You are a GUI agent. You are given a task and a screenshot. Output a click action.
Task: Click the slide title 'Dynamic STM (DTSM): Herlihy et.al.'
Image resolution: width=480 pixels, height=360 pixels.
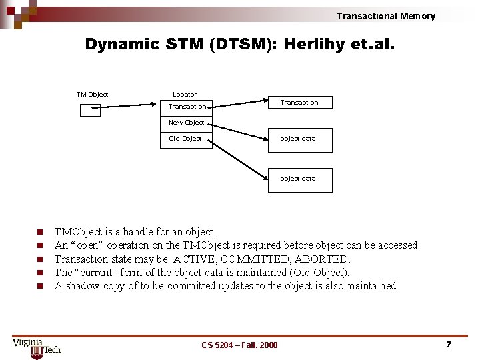click(x=239, y=45)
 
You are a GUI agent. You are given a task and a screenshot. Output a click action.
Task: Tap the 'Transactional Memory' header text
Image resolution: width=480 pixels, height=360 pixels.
click(x=385, y=16)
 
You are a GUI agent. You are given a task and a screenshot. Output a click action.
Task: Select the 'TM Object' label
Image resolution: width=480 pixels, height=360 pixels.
click(x=92, y=95)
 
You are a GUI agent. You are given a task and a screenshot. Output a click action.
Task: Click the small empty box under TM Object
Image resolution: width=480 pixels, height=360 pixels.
click(x=90, y=110)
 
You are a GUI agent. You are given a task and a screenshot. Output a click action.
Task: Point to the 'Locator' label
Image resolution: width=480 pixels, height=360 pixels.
click(x=185, y=95)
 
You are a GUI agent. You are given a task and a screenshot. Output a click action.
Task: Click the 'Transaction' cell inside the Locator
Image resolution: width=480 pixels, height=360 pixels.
click(x=187, y=107)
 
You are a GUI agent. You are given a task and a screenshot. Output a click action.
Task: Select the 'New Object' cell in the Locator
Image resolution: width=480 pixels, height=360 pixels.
click(x=187, y=123)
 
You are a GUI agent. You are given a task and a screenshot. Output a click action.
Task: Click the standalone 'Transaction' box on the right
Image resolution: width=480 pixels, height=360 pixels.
click(x=299, y=103)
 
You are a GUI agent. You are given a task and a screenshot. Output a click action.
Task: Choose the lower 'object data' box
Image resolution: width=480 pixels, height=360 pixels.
click(x=299, y=179)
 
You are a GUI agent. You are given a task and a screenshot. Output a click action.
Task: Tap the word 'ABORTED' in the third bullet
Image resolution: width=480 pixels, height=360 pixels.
click(x=324, y=259)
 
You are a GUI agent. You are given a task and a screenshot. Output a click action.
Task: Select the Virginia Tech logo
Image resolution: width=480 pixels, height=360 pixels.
click(x=36, y=347)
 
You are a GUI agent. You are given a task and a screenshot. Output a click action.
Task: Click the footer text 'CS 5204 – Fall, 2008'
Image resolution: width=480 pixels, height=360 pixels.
click(x=239, y=345)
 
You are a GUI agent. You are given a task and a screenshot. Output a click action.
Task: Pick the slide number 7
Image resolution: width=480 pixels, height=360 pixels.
click(x=449, y=344)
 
